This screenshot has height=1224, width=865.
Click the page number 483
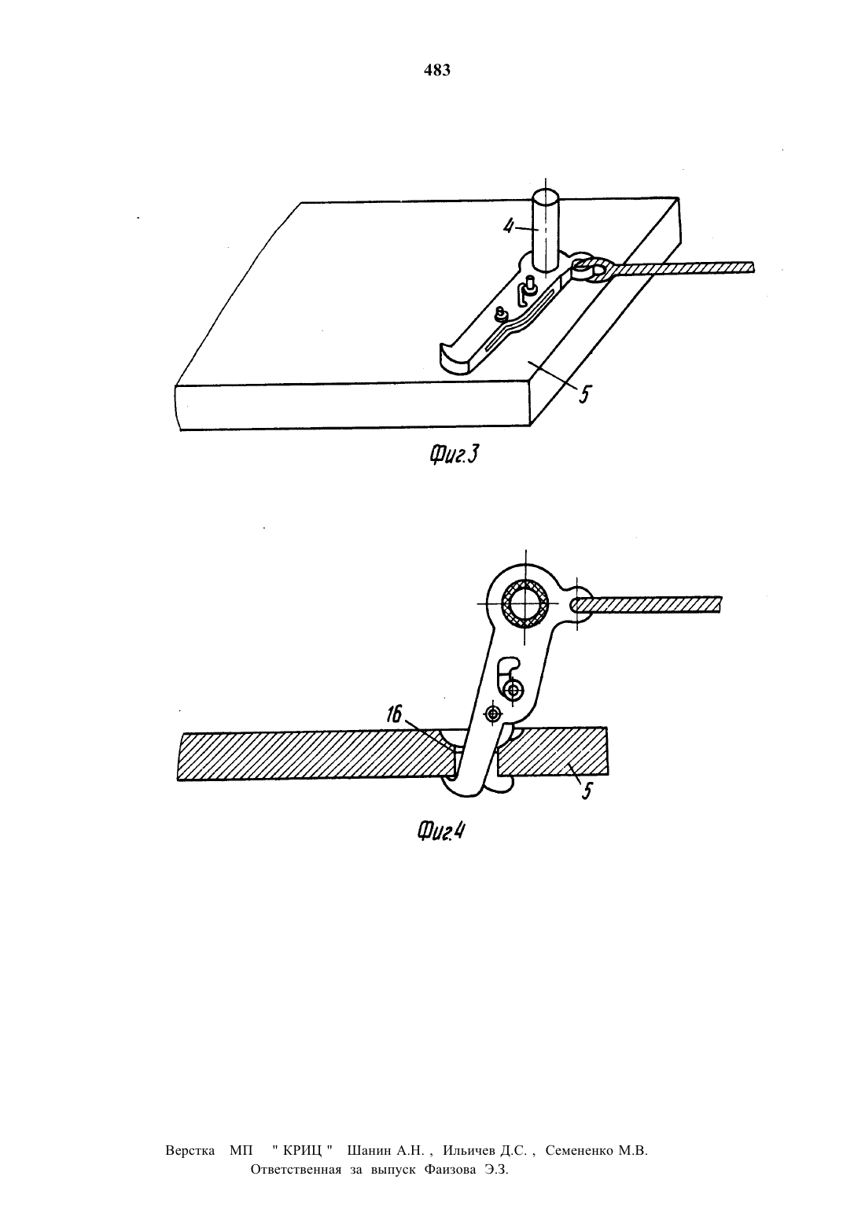pyautogui.click(x=437, y=71)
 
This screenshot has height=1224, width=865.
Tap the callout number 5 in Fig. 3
pyautogui.click(x=584, y=394)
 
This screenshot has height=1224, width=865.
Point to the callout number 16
pyautogui.click(x=394, y=714)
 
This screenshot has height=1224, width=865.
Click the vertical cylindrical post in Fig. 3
pyautogui.click(x=546, y=230)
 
